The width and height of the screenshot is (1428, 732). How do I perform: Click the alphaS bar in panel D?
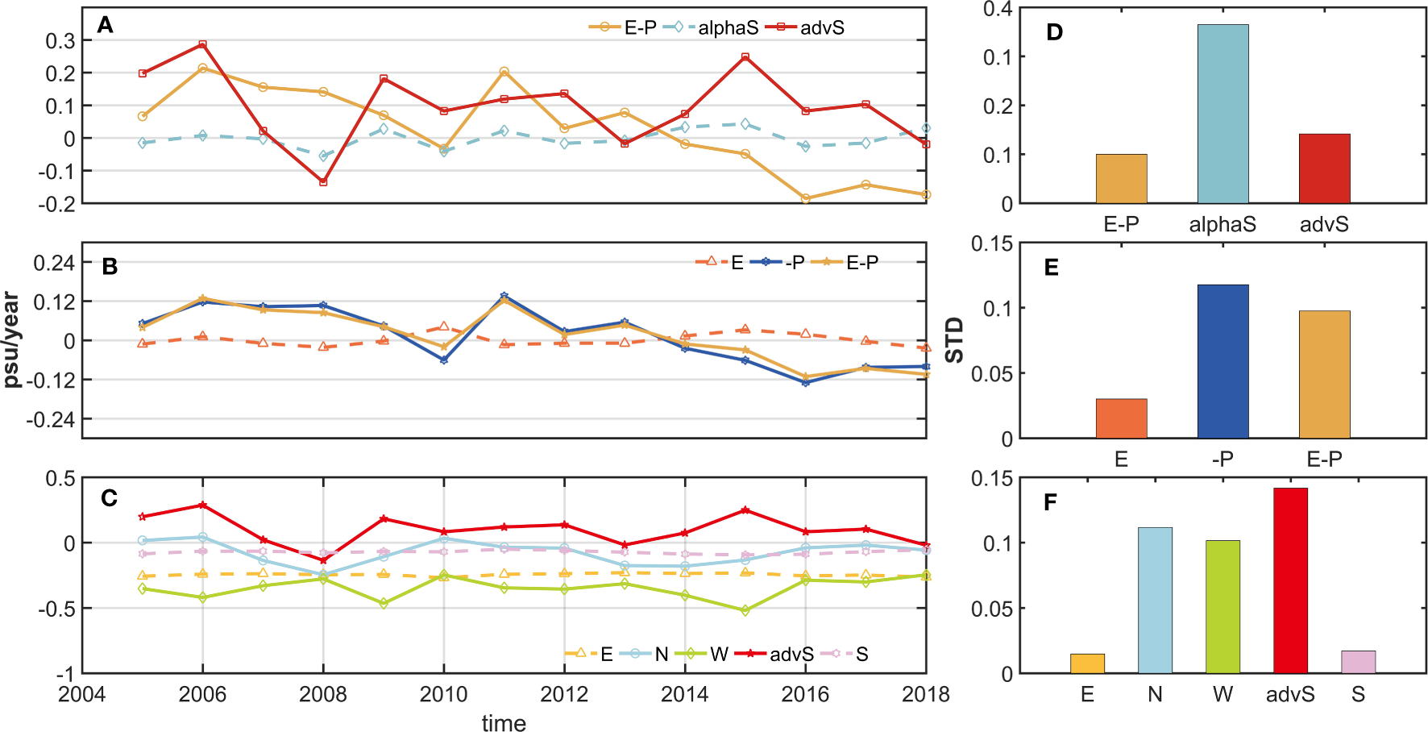1223,114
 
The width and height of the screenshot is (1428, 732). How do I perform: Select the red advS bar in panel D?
1324,168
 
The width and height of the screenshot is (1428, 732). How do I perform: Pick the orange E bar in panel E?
1121,418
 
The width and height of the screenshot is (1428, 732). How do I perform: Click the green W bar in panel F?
1223,606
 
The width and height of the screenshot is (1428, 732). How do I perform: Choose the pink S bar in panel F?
1358,662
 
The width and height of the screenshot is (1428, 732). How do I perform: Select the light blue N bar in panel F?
1155,600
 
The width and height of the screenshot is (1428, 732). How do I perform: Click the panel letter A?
105,26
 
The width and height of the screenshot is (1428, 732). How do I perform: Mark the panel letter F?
1050,503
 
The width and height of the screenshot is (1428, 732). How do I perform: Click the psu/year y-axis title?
11,339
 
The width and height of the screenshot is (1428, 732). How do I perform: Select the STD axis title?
954,339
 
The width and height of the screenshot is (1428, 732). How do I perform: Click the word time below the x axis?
504,723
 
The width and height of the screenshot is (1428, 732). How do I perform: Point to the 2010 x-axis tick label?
443,694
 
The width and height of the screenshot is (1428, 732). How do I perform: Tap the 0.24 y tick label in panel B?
54,263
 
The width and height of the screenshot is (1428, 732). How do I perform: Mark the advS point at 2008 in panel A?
323,182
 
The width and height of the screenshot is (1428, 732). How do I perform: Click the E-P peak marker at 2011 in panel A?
504,72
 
